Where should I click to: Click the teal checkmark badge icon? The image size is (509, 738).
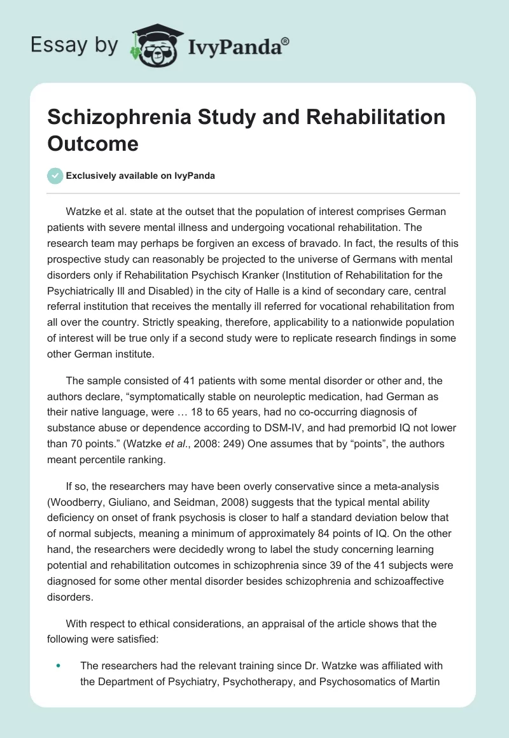click(x=56, y=176)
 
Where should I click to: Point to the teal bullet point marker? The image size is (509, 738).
click(x=59, y=665)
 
